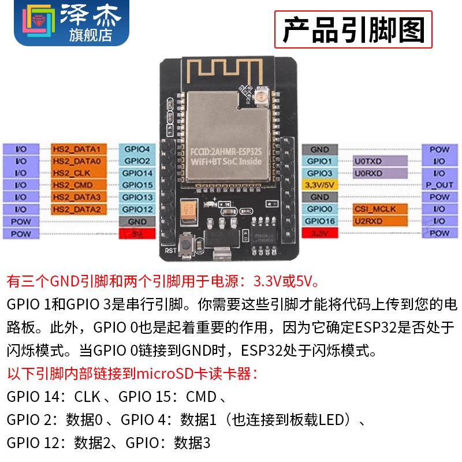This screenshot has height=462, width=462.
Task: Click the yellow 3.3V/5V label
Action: [319, 185]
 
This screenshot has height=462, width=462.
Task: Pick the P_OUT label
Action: [439, 185]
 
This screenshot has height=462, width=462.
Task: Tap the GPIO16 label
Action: [319, 221]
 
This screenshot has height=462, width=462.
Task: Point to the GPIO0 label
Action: [319, 209]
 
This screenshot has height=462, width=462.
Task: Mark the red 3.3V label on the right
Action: [319, 234]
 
